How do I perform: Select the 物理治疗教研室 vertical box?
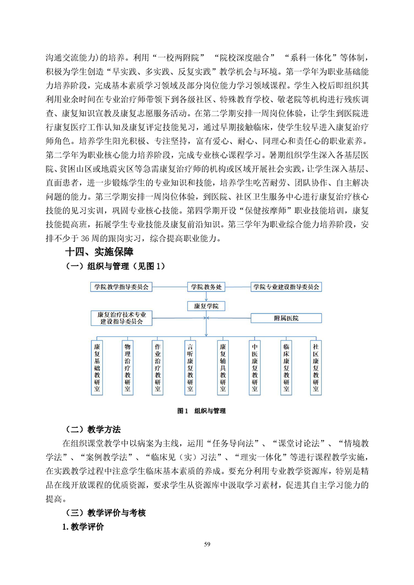pyautogui.click(x=128, y=367)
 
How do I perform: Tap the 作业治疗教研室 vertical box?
pyautogui.click(x=159, y=367)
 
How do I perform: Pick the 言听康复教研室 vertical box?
pyautogui.click(x=191, y=367)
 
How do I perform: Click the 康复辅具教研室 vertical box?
pyautogui.click(x=223, y=367)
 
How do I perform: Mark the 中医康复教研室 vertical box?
pyautogui.click(x=254, y=367)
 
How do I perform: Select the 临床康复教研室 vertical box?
pyautogui.click(x=286, y=367)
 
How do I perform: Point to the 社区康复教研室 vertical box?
pyautogui.click(x=316, y=367)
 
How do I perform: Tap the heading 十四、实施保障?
pyautogui.click(x=99, y=252)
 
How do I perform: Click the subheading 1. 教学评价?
pyautogui.click(x=83, y=527)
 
